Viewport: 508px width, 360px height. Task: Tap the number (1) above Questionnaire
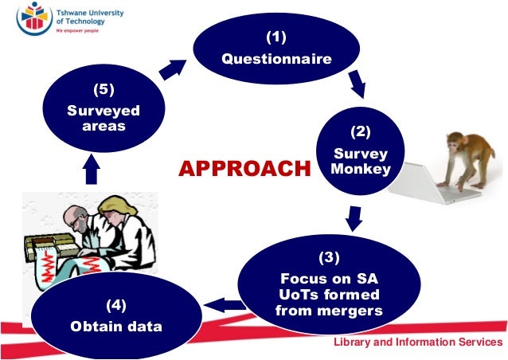tap(275, 37)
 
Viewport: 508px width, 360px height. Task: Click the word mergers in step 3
tap(329, 310)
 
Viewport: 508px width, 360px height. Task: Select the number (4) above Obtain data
tap(116, 303)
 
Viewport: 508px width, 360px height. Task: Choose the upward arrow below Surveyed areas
tap(93, 169)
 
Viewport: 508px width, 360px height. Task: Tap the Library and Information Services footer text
tap(417, 342)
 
